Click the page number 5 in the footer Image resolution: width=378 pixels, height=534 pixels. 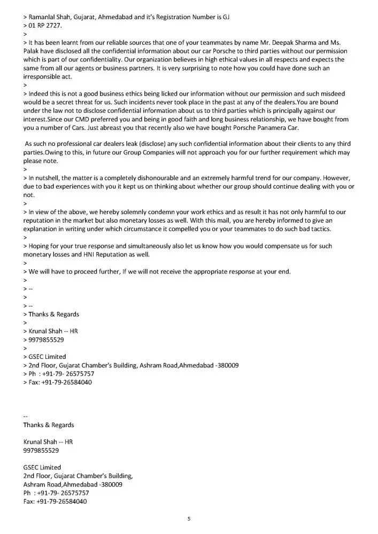coord(189,519)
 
